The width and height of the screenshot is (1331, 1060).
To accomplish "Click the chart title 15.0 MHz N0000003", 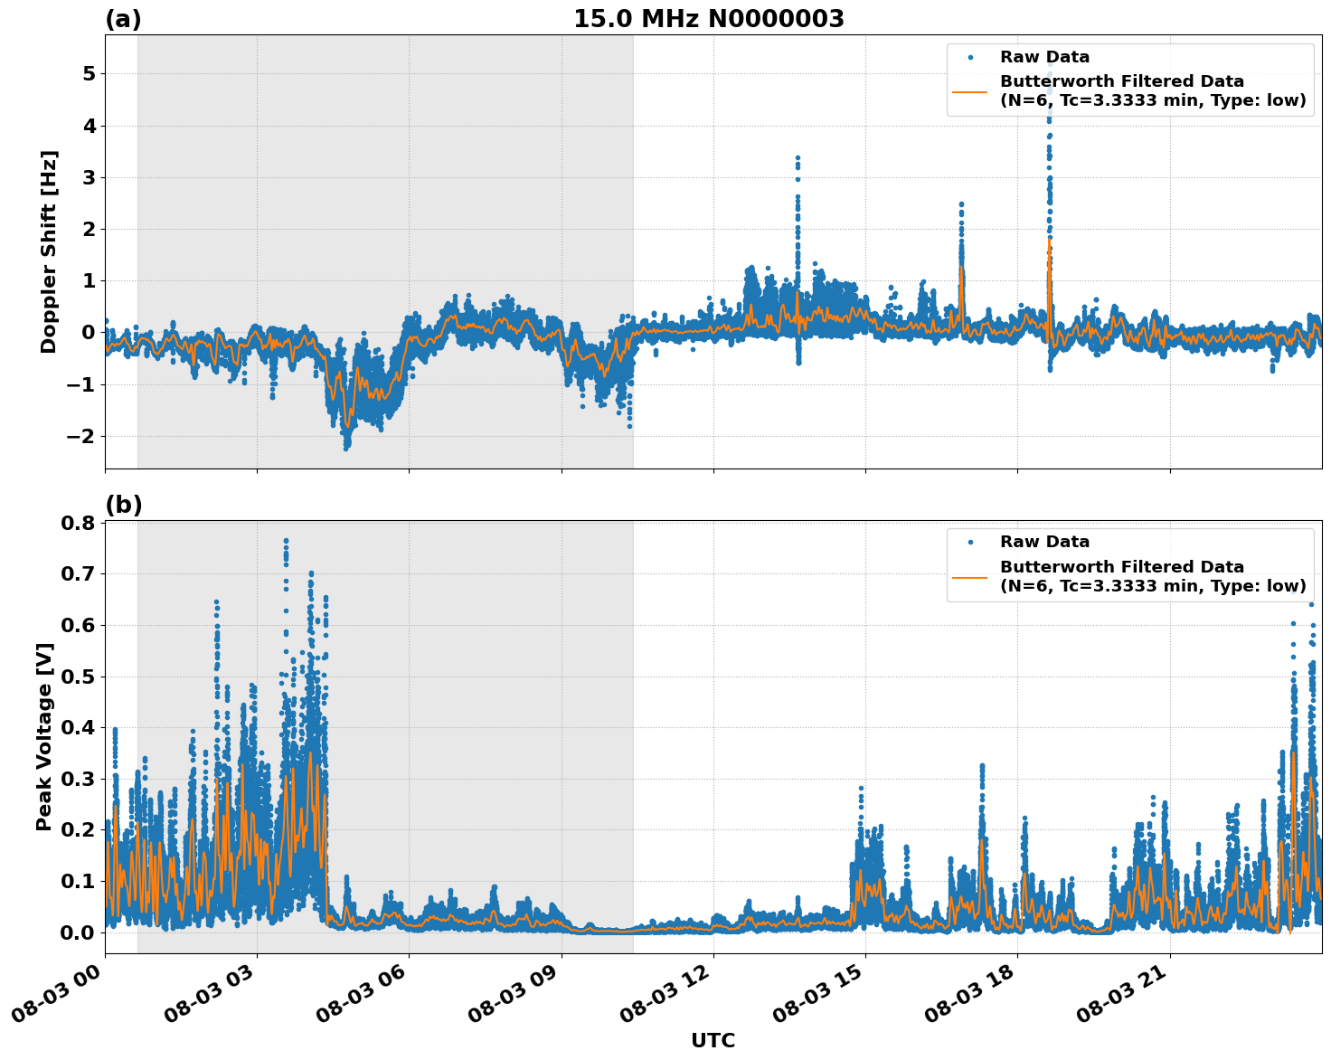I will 708,19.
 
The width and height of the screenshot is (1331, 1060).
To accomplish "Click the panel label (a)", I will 123,19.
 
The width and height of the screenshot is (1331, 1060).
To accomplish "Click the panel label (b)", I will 123,505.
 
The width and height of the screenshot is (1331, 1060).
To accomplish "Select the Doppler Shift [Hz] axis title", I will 49,251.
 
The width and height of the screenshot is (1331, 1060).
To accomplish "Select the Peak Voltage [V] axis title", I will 44,736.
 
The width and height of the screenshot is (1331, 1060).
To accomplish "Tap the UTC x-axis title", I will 713,1040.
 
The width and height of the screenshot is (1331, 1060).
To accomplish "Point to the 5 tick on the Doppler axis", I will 88,73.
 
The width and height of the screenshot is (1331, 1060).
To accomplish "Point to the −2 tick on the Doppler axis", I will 82,437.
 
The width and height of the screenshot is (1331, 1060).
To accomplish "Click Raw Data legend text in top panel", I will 1044,57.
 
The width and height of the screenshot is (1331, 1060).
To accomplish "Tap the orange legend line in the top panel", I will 970,90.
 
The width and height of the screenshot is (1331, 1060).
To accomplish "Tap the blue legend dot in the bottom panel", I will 970,542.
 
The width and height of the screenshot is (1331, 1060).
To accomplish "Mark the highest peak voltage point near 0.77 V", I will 286,541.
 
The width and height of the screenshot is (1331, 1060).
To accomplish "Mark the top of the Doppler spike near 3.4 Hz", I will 798,157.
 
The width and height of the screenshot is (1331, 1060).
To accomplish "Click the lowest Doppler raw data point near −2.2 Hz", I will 345,448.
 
